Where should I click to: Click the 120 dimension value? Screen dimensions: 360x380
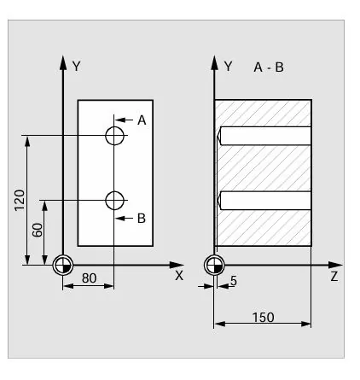click(20, 200)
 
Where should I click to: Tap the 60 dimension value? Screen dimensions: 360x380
click(38, 230)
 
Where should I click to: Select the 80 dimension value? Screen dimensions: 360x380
click(89, 278)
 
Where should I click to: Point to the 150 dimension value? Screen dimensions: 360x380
click(264, 317)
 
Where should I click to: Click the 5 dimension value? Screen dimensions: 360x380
click(234, 281)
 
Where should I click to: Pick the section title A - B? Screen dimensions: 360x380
click(269, 67)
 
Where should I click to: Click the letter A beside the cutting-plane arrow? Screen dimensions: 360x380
click(142, 120)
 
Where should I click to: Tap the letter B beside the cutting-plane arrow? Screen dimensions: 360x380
click(142, 219)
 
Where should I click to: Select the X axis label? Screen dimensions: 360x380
click(179, 276)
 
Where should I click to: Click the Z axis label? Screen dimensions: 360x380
click(334, 277)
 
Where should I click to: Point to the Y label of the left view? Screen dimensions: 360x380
click(77, 67)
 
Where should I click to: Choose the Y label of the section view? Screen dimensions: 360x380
click(228, 67)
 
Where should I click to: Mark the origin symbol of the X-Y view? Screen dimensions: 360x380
click(63, 266)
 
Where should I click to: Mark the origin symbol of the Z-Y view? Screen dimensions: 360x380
click(214, 266)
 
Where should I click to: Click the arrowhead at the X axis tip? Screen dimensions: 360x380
click(177, 265)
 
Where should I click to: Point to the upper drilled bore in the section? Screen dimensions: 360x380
click(264, 136)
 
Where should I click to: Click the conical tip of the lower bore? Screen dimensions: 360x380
click(219, 201)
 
